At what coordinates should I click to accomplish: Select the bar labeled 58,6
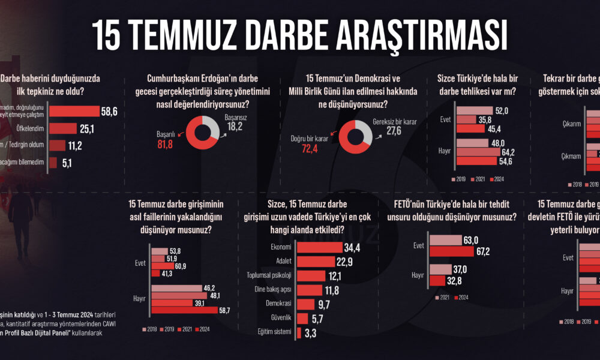tap(74, 112)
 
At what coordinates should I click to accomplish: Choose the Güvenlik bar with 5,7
tap(301, 318)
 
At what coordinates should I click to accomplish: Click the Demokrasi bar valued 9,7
tap(304, 304)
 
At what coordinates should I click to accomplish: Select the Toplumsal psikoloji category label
tap(269, 276)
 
